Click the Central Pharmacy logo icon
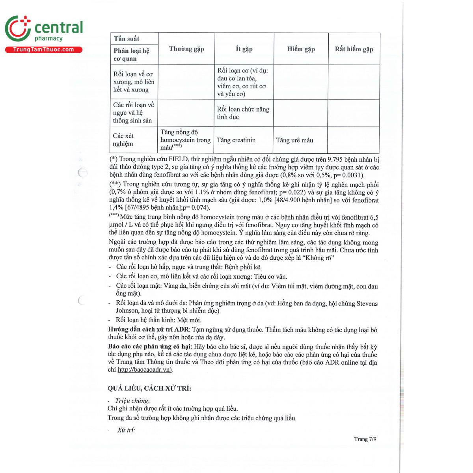tap(18, 28)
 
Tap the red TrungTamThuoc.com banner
tap(43, 50)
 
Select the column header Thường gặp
tap(186, 49)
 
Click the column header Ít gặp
tap(244, 49)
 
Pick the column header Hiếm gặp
tap(301, 49)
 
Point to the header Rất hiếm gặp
tap(354, 49)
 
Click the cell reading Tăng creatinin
tap(236, 140)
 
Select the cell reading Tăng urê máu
tap(294, 140)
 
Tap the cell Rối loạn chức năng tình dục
tap(243, 113)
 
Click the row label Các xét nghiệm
tap(123, 140)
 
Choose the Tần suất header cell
tap(127, 39)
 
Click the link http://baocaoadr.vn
tap(145, 370)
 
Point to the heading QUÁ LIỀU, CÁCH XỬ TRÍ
tap(149, 388)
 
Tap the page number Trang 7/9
tap(365, 439)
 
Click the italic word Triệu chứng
tap(132, 400)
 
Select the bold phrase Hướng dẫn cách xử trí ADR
tap(149, 330)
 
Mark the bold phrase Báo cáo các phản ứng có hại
tap(149, 346)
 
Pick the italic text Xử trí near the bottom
tap(126, 430)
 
